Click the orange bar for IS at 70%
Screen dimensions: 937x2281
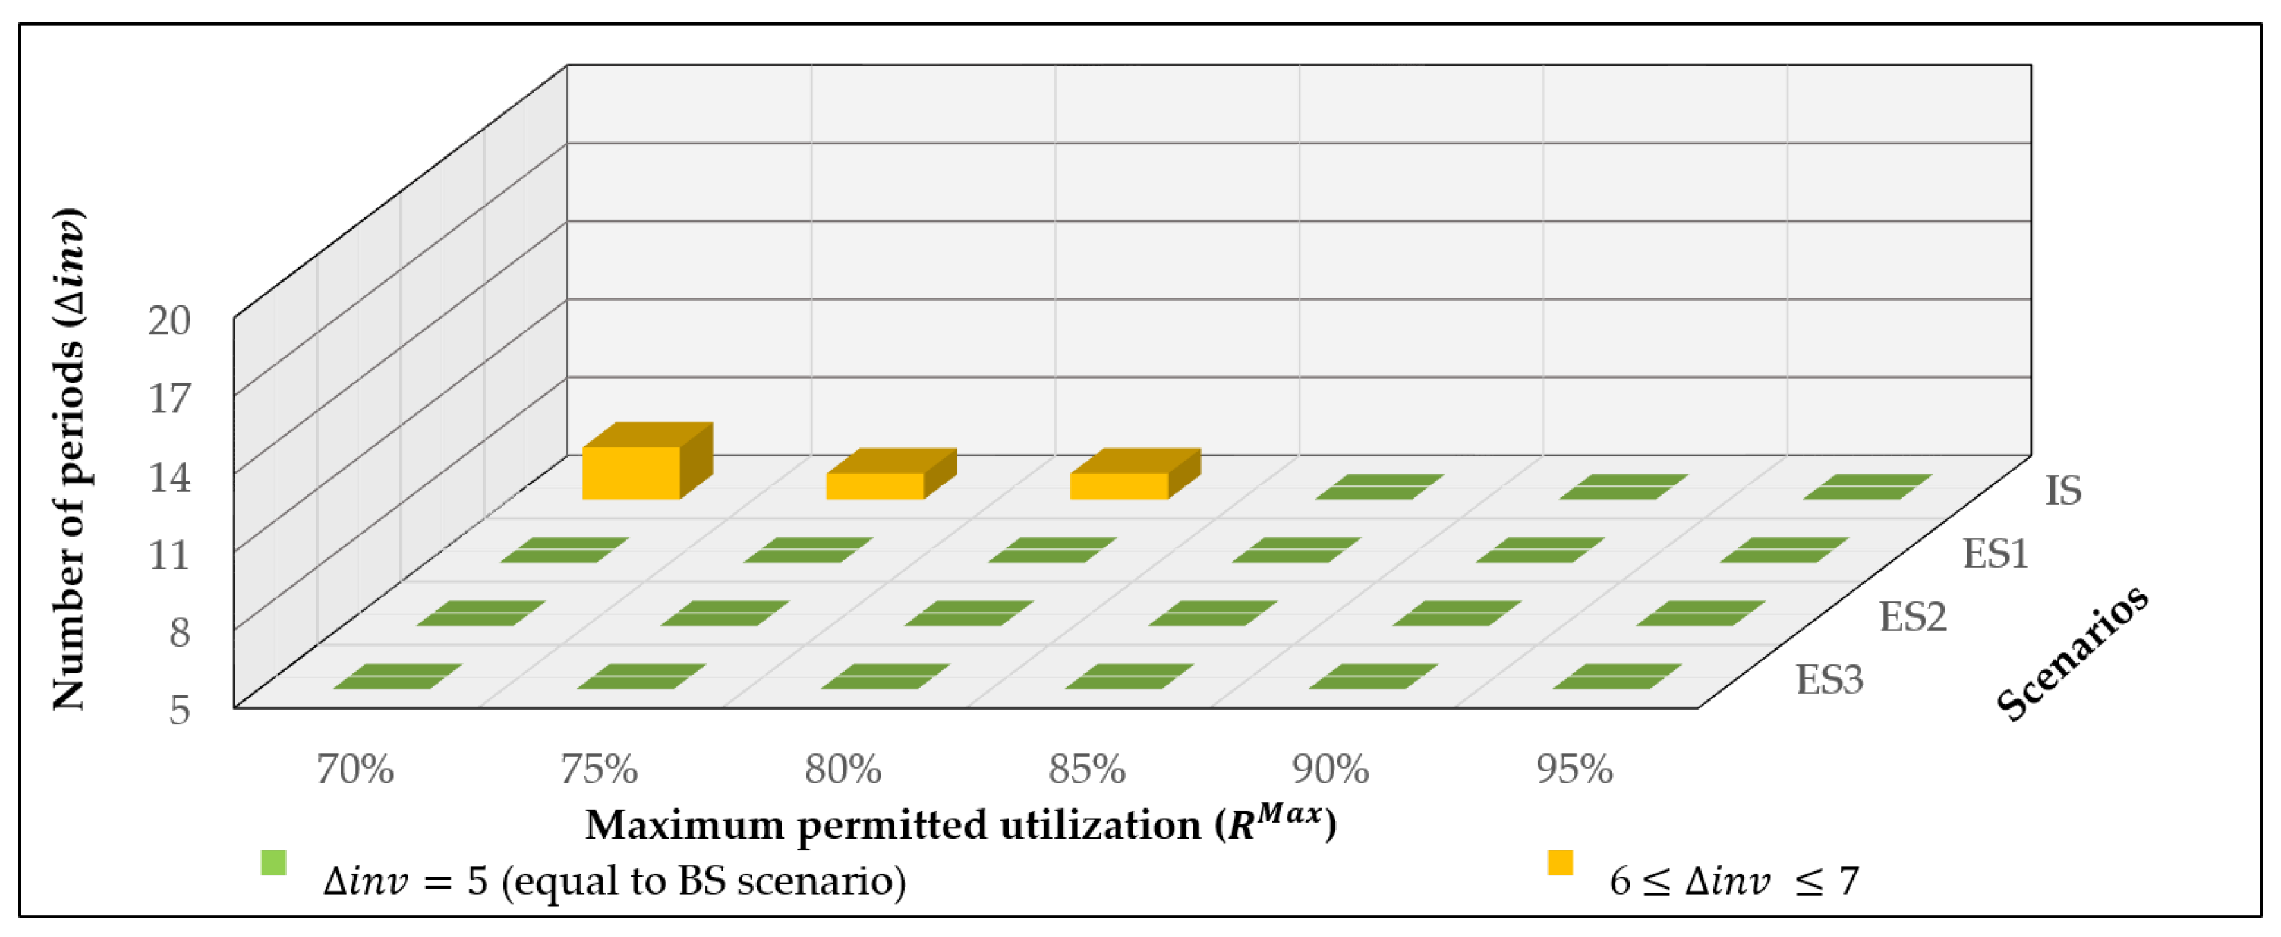pyautogui.click(x=631, y=472)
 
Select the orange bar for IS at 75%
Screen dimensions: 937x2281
pyautogui.click(x=875, y=485)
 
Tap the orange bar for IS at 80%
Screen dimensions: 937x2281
pyautogui.click(x=1119, y=485)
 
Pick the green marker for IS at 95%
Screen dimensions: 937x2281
pyautogui.click(x=1866, y=486)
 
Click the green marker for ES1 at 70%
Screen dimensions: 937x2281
pyautogui.click(x=564, y=550)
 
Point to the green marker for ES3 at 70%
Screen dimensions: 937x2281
pyautogui.click(x=397, y=677)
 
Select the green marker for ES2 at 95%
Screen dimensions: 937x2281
pyautogui.click(x=1700, y=613)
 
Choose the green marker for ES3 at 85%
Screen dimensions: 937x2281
pyautogui.click(x=1129, y=677)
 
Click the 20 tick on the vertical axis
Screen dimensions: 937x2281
pyautogui.click(x=169, y=321)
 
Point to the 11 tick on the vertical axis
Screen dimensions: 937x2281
pyautogui.click(x=169, y=555)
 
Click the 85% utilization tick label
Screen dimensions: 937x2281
pyautogui.click(x=1086, y=769)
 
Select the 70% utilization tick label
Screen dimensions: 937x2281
pyautogui.click(x=355, y=769)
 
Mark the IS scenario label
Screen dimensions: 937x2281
pyautogui.click(x=2062, y=490)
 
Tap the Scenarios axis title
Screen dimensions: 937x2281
pyautogui.click(x=2072, y=654)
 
